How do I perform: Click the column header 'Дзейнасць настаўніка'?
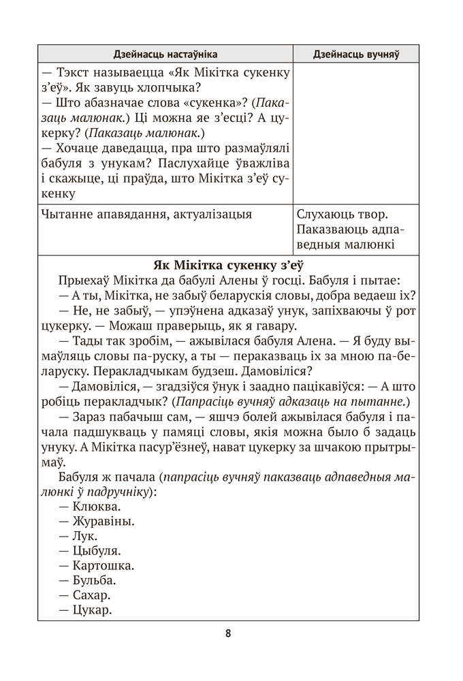[164, 54]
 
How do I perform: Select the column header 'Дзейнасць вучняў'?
[355, 54]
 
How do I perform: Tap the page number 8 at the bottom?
[229, 633]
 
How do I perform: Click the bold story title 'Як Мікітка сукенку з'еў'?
[228, 265]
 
